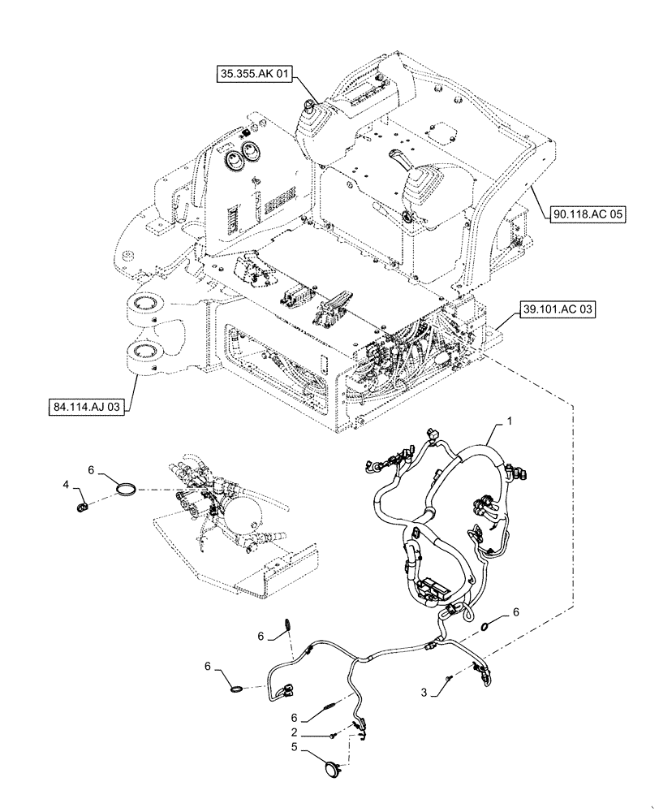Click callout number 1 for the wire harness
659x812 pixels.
(509, 421)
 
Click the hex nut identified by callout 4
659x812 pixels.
(82, 509)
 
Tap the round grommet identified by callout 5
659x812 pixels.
(332, 764)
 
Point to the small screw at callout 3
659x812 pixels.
(448, 677)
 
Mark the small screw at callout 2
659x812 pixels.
(334, 736)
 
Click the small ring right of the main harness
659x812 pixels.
(485, 626)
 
